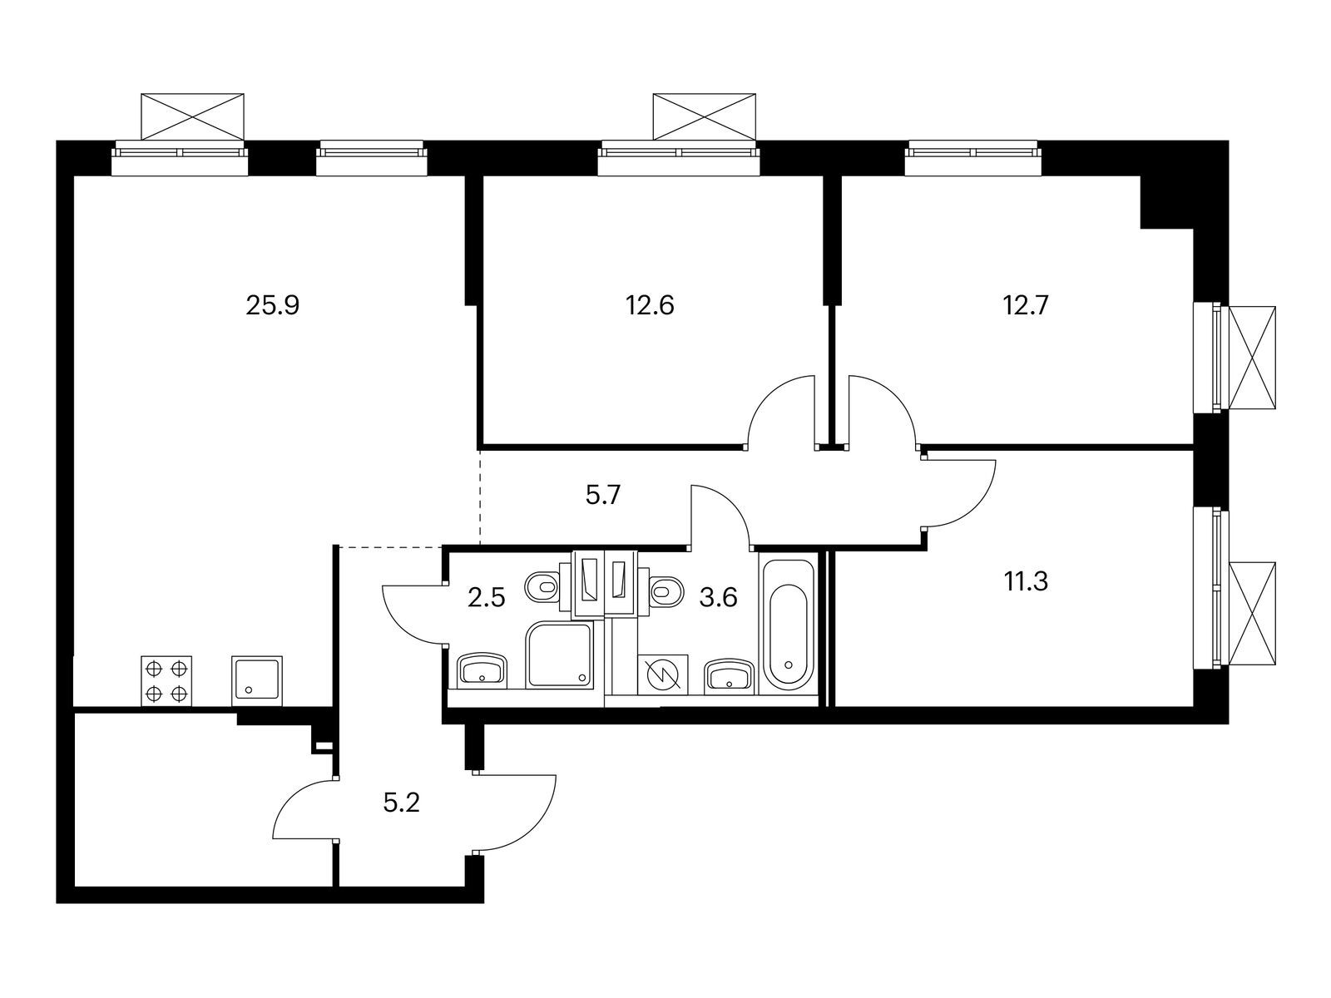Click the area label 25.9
[272, 305]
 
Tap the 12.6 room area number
[649, 305]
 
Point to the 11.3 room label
[1025, 581]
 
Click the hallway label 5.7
[604, 497]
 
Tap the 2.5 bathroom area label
[486, 598]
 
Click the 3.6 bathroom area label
[718, 598]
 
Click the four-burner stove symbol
[166, 681]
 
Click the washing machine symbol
[663, 674]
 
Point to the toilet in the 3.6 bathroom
[665, 590]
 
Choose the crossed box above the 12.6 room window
[705, 116]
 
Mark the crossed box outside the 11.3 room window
[1252, 613]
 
